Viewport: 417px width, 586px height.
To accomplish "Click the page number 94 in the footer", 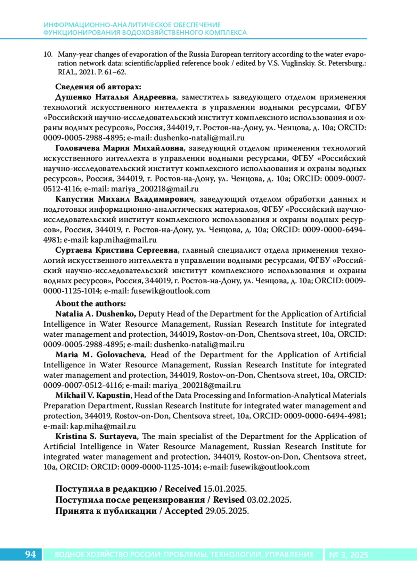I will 31,554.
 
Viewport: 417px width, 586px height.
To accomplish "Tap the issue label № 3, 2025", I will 349,555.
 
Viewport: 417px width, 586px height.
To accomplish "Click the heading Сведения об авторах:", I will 98,87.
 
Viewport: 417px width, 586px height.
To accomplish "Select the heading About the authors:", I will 91,304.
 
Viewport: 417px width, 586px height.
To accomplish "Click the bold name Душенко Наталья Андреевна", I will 116,97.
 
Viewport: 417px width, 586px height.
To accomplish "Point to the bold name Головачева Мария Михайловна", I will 120,148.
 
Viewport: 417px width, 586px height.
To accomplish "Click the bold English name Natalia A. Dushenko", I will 96,314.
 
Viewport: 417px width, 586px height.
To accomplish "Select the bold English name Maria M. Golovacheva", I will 100,355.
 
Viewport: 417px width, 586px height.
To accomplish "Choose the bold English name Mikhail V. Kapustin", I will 93,396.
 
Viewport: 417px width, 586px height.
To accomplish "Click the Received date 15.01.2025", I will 225,489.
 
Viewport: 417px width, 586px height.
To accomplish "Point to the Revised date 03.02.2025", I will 269,500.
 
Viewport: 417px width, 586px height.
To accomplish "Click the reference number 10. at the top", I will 48,55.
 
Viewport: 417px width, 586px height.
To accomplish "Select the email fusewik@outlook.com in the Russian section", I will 171,291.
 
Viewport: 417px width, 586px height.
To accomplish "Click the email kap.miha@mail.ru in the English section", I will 103,426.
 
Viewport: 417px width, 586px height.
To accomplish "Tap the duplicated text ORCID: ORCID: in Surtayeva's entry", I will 90,467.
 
